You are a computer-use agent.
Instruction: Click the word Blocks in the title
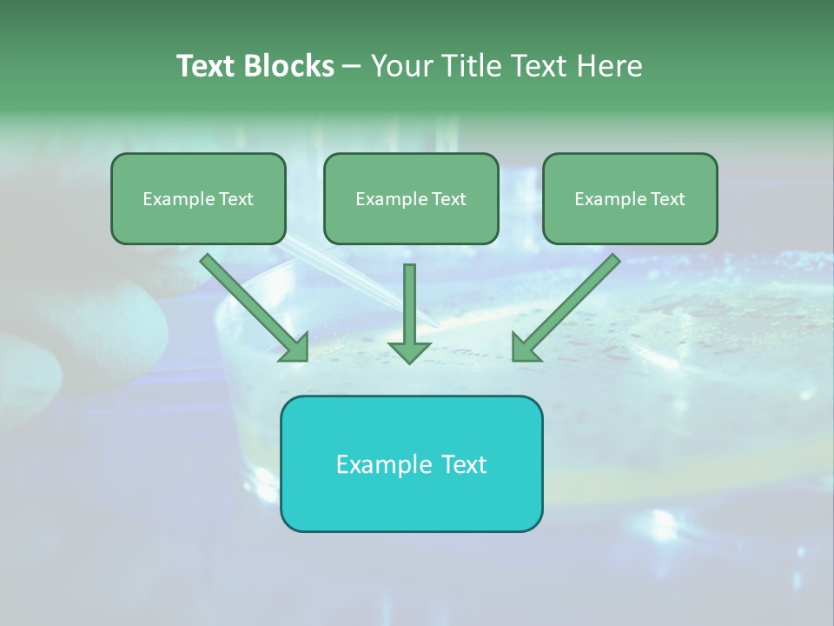pos(292,66)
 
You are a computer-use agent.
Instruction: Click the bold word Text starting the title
pos(208,66)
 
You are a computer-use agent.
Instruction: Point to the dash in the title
pos(353,67)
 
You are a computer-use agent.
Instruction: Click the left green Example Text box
pos(198,199)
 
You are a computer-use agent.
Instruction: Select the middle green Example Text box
pos(411,199)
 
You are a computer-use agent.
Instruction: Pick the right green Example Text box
pos(630,199)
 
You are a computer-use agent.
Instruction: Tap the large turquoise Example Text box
pos(411,463)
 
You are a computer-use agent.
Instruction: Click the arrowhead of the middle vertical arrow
pos(409,351)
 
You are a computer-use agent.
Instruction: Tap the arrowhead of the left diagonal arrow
pos(296,349)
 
